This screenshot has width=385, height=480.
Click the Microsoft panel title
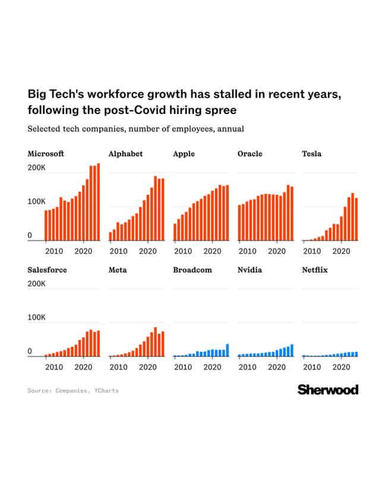46,154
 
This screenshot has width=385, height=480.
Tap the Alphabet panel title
125,154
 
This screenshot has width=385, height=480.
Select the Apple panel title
184,154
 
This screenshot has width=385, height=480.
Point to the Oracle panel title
250,154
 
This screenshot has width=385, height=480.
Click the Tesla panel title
311,154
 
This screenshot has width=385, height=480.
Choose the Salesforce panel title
47,270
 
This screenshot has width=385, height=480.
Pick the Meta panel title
118,270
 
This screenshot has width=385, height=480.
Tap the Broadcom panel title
192,270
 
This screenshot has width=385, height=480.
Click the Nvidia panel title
250,270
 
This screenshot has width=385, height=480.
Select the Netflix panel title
315,270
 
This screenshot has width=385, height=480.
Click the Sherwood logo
327,390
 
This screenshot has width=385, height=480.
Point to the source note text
72,390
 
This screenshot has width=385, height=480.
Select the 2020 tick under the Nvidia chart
276,367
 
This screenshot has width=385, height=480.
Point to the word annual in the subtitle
232,128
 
